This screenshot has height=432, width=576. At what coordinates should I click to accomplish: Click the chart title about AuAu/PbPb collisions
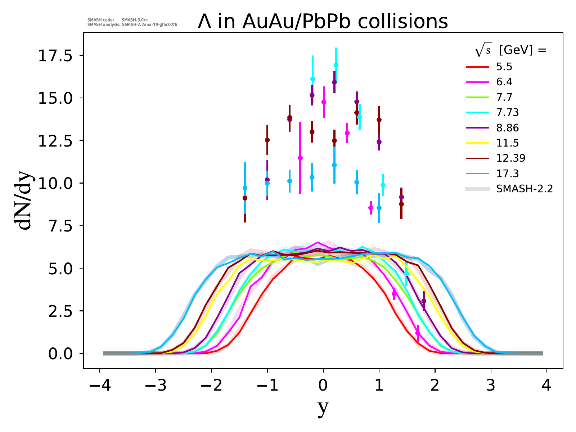[323, 22]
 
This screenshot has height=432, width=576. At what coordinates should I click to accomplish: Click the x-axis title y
[323, 408]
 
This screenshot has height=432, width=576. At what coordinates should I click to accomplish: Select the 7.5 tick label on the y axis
[58, 226]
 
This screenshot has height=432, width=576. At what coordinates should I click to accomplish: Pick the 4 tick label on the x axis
[546, 386]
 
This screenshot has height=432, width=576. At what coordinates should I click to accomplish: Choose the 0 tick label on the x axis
[323, 386]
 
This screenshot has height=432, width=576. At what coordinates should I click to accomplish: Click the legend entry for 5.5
[504, 67]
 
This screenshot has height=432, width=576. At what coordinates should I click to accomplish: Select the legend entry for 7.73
[507, 113]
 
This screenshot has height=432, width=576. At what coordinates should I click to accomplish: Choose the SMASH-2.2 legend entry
[524, 189]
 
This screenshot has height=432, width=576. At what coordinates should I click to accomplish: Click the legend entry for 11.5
[507, 143]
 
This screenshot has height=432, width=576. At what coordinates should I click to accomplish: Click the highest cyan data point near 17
[336, 65]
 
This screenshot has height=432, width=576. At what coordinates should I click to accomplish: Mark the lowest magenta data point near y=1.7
[418, 333]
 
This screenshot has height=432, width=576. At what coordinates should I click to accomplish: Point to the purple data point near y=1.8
[424, 301]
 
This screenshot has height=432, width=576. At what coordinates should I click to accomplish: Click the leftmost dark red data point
[245, 198]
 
